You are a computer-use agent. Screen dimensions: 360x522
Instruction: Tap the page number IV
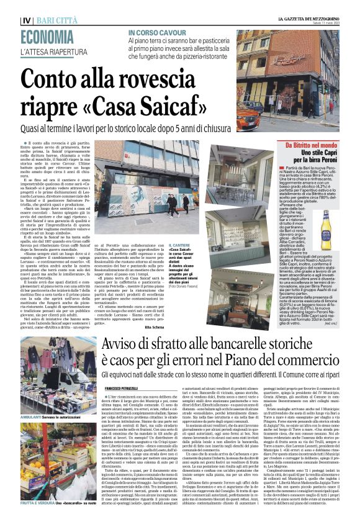(26, 20)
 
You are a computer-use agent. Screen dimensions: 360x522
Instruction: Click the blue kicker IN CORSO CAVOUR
(158, 32)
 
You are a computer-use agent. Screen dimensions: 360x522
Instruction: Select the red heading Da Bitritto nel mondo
(314, 144)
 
